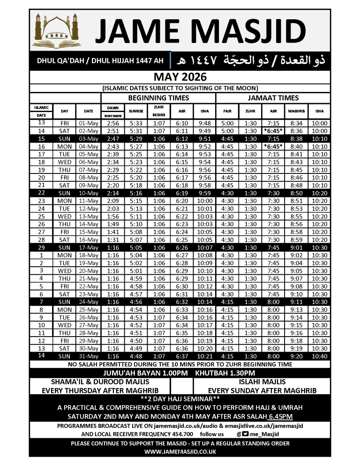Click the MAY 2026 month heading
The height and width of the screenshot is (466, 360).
[x=180, y=77]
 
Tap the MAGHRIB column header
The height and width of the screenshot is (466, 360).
[x=297, y=112]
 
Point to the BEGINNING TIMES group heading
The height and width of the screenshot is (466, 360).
[x=158, y=98]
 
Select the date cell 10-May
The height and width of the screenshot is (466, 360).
[x=89, y=192]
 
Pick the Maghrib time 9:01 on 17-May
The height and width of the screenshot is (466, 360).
[x=297, y=248]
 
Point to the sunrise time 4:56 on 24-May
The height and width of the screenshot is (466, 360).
[x=136, y=302]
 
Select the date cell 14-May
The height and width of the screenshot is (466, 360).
[x=89, y=225]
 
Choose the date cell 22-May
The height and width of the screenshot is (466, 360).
[x=89, y=286]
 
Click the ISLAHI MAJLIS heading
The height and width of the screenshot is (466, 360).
[x=262, y=382]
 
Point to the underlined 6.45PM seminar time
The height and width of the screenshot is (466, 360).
[x=281, y=416]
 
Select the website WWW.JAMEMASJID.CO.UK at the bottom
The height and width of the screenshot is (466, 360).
[x=180, y=452]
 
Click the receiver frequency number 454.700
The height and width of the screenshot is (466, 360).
[x=187, y=434]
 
